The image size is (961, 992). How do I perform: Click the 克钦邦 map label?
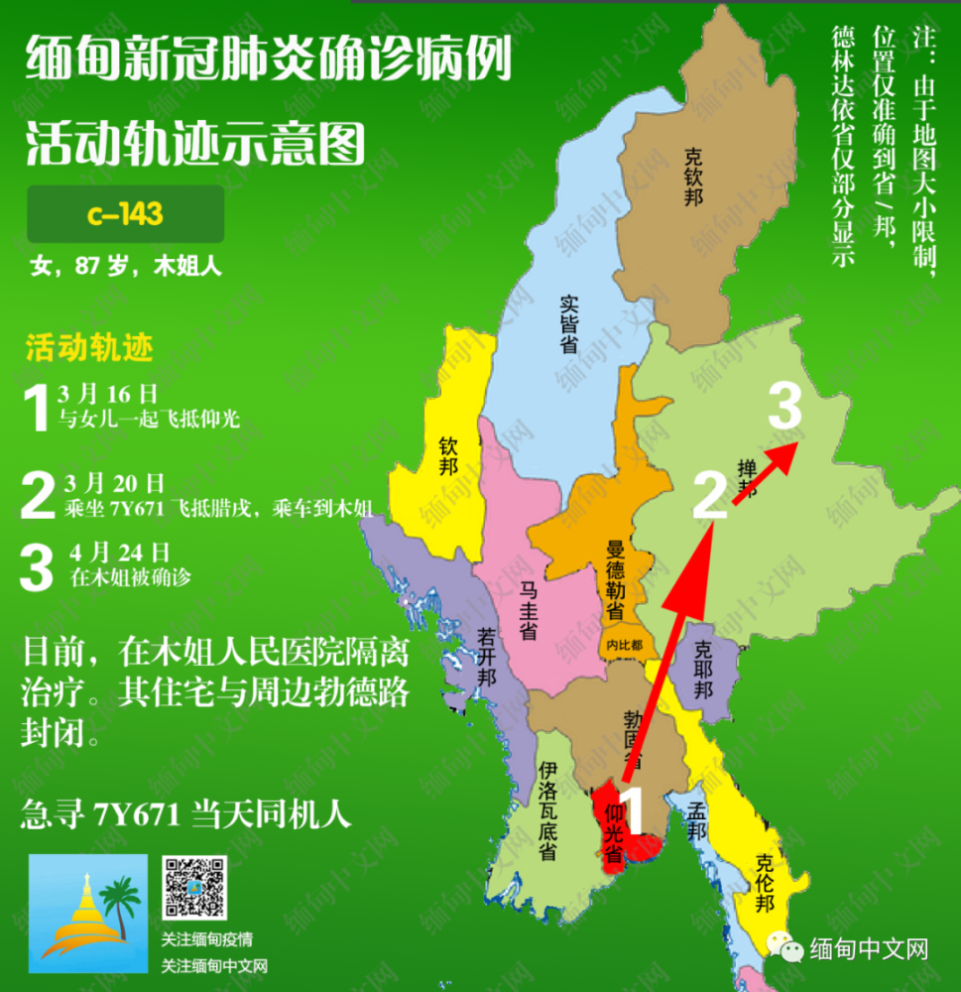[693, 177]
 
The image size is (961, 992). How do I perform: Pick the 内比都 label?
[624, 645]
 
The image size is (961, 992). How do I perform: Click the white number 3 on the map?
[784, 407]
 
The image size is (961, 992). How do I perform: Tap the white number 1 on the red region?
[632, 808]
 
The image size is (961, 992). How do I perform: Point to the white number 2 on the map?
[710, 495]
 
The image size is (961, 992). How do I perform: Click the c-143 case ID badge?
[125, 214]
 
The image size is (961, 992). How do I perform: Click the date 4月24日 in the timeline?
[120, 554]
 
